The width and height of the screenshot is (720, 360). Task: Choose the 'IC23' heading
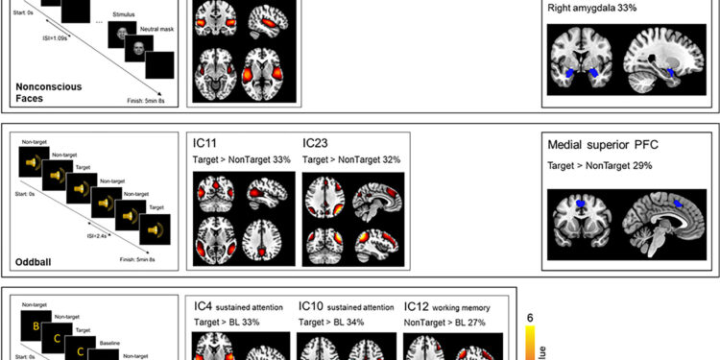point(316,142)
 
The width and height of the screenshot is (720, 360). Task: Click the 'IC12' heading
point(419,306)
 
